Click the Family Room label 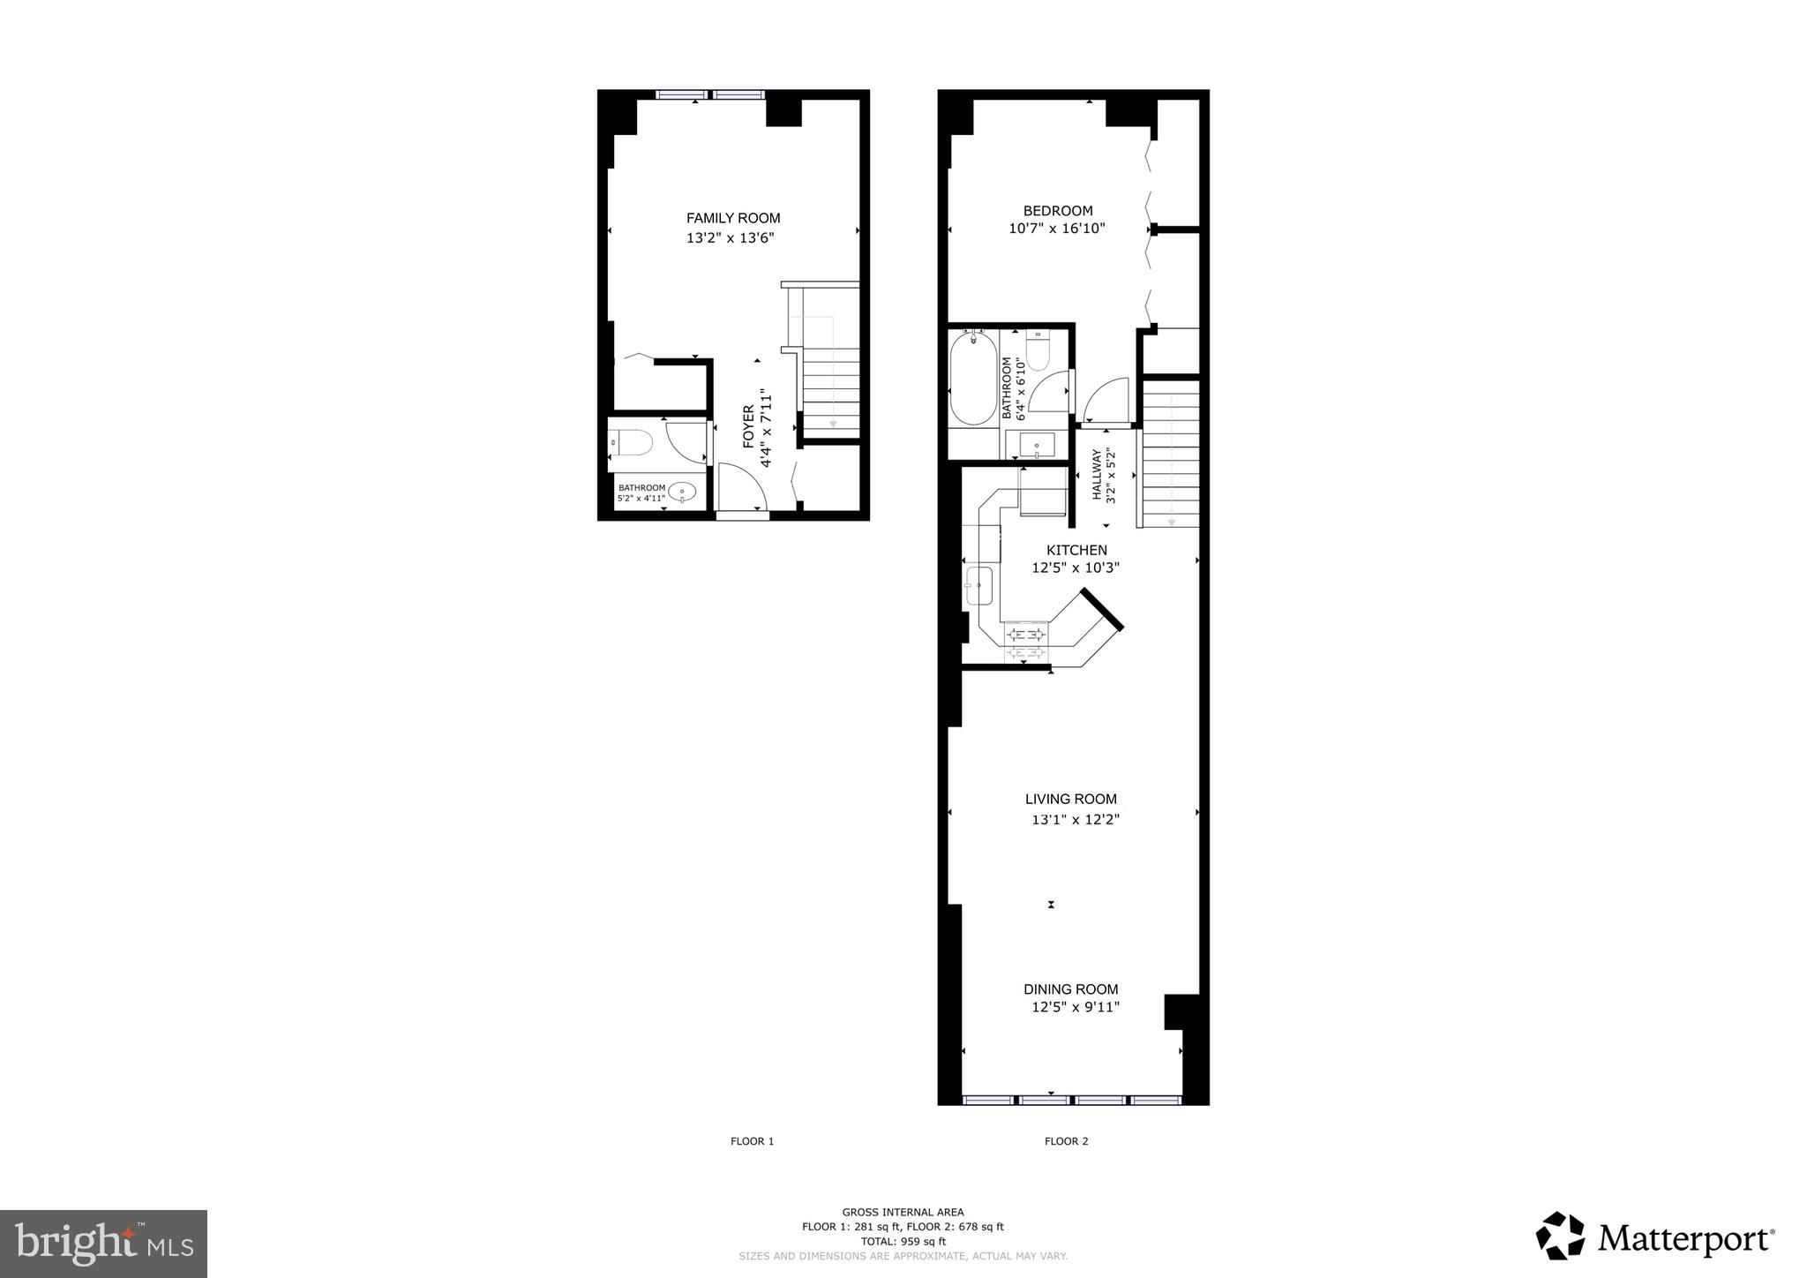tap(733, 218)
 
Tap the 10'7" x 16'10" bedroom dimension tap(1057, 229)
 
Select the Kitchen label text tap(1076, 550)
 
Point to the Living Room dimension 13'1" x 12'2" tap(1076, 819)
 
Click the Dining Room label tap(1070, 989)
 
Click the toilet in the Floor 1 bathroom tap(631, 441)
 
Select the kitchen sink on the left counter tap(978, 585)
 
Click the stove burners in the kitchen tap(1026, 642)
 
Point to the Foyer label tap(748, 426)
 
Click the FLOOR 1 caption tap(752, 1141)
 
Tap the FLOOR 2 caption tap(1066, 1141)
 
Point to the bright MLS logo tap(103, 1244)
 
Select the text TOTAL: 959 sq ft tap(903, 1241)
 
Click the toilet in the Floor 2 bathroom tap(1037, 351)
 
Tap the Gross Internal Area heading tap(903, 1212)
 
